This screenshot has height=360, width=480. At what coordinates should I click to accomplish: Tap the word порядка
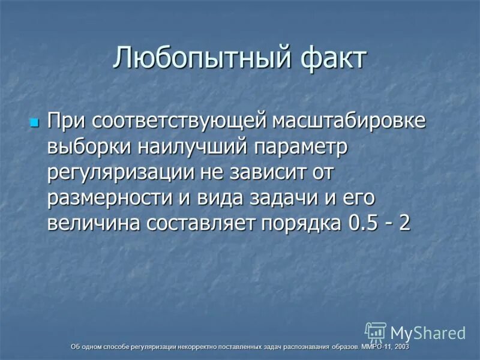[x=302, y=224]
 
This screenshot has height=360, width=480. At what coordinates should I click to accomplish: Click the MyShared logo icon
[x=376, y=332]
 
